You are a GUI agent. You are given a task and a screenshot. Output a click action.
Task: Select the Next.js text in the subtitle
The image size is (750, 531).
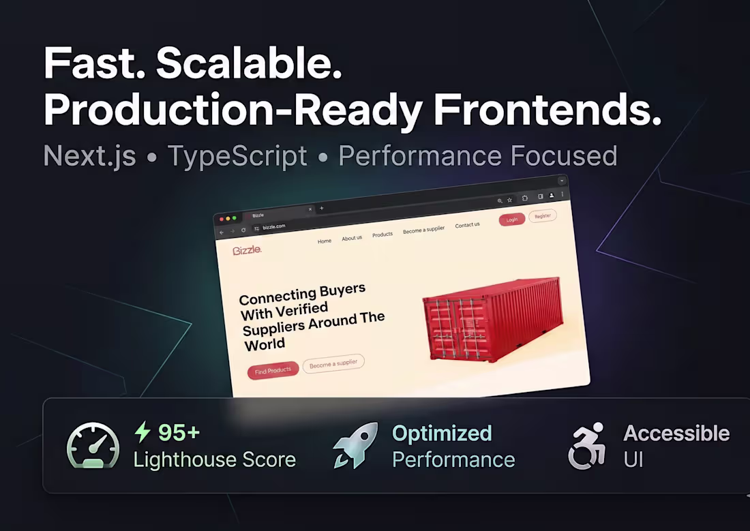[x=89, y=156]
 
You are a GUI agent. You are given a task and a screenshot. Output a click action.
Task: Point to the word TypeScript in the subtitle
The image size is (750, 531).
[x=237, y=156]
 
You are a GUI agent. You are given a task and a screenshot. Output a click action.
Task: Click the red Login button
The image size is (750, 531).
[x=511, y=219]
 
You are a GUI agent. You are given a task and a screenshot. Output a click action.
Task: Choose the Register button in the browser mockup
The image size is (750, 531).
[x=543, y=215]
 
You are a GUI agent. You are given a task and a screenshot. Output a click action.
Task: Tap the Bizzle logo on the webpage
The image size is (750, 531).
[x=247, y=250]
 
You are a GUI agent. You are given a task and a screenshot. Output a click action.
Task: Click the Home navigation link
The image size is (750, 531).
[x=325, y=241]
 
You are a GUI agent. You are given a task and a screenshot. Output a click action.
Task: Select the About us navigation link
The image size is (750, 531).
[x=352, y=238]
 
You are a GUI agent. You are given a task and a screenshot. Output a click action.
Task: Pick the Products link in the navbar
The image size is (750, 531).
[x=382, y=234]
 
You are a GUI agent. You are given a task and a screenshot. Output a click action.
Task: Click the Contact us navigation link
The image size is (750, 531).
[x=467, y=225]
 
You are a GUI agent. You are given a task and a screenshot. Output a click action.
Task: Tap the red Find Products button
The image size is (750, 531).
[x=273, y=371]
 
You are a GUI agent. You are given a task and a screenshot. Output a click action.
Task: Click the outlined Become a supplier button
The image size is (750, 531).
[x=333, y=364]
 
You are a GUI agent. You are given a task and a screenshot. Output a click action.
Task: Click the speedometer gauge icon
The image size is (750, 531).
[x=93, y=446]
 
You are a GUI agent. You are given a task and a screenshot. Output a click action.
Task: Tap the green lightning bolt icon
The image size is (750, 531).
[x=142, y=432]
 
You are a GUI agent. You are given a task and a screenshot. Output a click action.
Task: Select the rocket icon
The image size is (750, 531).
[x=355, y=445]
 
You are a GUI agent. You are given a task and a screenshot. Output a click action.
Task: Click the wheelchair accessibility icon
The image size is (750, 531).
[x=588, y=446]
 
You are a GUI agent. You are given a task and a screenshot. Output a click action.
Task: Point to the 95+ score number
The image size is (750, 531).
[x=179, y=433]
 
